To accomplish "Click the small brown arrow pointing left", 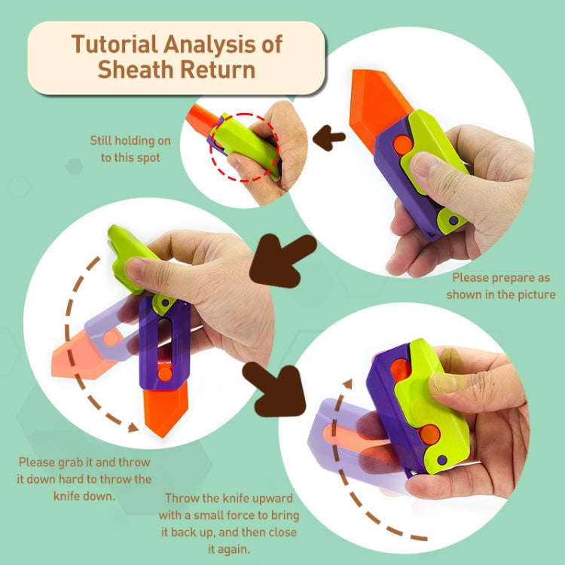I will (x=329, y=137).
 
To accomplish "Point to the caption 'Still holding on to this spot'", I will (x=130, y=149).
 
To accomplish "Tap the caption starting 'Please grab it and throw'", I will (x=84, y=478).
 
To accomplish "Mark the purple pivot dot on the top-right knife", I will (x=454, y=221).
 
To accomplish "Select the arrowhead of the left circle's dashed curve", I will (x=133, y=427).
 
